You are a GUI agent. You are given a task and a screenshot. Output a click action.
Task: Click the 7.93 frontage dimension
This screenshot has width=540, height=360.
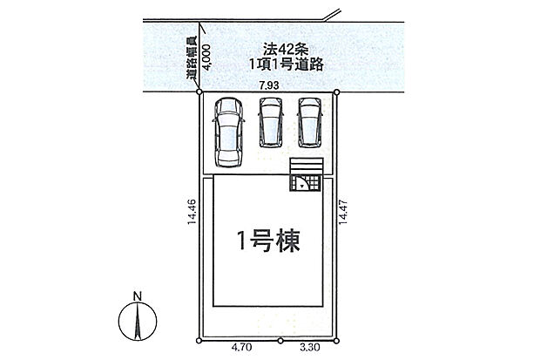point(269,85)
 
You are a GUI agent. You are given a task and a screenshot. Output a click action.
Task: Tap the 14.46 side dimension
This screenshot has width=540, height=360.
point(192,212)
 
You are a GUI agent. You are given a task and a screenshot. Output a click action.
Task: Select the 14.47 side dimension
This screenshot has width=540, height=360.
point(342,212)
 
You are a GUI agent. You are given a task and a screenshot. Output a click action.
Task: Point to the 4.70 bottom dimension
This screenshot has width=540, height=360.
point(241,348)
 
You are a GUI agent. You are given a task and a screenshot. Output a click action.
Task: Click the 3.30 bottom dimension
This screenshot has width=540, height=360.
point(309,348)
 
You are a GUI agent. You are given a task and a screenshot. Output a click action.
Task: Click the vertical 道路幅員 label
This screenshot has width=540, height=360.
point(192,58)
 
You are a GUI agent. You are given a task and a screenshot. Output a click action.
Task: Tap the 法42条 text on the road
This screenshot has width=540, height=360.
point(286,50)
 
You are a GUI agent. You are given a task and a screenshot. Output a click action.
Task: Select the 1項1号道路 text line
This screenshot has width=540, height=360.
point(287,65)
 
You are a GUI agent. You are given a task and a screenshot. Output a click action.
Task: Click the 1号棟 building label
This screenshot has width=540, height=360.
point(268,241)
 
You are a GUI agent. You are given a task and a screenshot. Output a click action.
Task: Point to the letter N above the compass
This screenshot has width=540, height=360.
point(138,295)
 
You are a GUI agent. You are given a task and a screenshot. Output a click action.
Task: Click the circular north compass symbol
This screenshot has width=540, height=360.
point(138,321)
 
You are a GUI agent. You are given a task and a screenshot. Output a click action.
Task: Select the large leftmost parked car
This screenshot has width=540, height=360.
point(229,132)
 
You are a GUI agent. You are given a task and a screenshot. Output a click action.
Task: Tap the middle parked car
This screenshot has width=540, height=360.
point(271,122)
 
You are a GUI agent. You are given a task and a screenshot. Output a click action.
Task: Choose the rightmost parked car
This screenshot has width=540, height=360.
point(310,122)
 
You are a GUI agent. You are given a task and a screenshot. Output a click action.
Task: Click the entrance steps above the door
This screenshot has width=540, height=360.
point(307,166)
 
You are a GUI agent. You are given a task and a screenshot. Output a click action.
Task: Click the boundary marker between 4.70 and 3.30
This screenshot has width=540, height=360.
point(280,341)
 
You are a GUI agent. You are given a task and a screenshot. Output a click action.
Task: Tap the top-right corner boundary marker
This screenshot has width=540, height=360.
point(337,92)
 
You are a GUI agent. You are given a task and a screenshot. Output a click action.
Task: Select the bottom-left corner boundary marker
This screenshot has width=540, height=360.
point(199,341)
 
